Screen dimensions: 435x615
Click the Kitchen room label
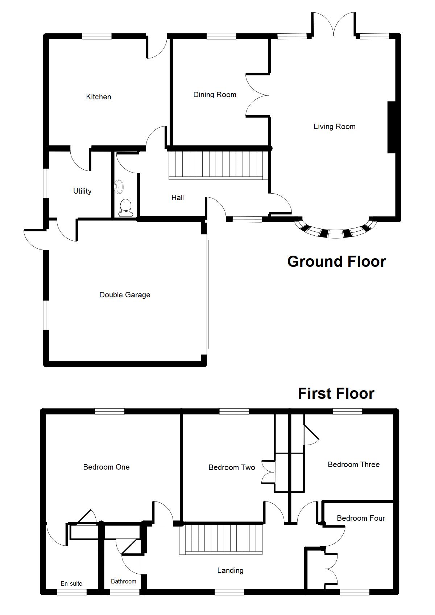point(99,97)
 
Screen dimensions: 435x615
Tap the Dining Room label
point(215,95)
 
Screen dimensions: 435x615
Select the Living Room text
point(334,127)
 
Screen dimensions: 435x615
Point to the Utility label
point(82,191)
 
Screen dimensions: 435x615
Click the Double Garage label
point(125,295)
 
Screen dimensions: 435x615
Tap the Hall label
point(178,198)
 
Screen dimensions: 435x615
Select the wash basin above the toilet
point(119,186)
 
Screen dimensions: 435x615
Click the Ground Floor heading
point(336,261)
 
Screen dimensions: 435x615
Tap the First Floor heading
point(336,393)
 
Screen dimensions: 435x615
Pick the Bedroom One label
point(106,467)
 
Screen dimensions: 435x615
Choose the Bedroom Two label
point(232,467)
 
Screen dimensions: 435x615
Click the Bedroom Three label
point(353,465)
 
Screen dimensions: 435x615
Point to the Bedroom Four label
point(361,518)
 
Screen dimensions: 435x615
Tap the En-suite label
point(71,583)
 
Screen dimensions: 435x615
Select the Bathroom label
point(124,581)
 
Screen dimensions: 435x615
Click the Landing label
point(230,570)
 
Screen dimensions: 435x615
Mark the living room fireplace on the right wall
point(391,127)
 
